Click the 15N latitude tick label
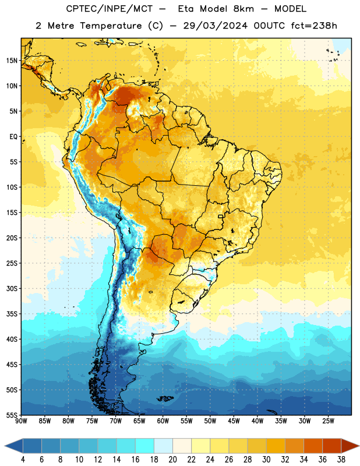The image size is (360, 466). tap(12, 61)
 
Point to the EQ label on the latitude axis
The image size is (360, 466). tap(13, 137)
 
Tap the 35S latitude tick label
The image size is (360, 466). tap(12, 314)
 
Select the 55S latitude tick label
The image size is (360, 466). tap(12, 415)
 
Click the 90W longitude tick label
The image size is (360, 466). tap(21, 421)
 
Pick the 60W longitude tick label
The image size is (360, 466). tap(163, 421)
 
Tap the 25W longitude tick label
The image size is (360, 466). tap(328, 421)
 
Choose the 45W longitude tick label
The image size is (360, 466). tap(234, 421)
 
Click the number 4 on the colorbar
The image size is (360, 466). tap(23, 460)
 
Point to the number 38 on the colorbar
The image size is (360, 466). tap(341, 460)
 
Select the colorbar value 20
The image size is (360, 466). tap(172, 460)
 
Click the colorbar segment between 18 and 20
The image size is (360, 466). tap(164, 446)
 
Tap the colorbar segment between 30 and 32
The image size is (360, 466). tap(276, 446)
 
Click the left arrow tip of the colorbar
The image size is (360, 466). tap(5, 446)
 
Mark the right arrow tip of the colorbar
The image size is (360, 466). tap(359, 446)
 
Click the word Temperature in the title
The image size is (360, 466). tap(111, 26)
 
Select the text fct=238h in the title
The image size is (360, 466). tap(314, 26)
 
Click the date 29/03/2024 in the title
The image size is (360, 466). tap(215, 26)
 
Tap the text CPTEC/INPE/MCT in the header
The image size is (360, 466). tap(110, 9)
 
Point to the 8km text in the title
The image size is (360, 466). tap(243, 9)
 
